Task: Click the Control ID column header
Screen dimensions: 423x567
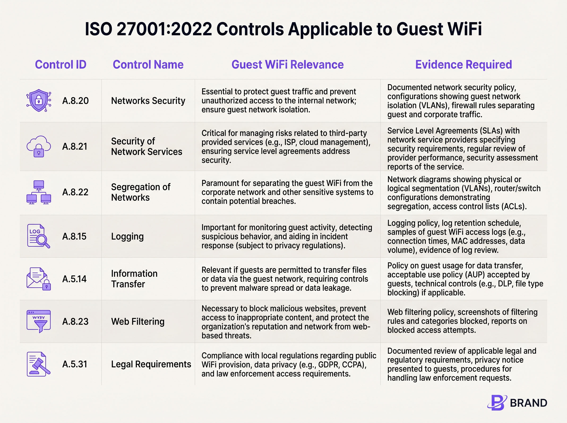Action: coord(60,64)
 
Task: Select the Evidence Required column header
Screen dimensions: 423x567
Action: coord(464,64)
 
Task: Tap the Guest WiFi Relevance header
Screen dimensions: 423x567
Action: coord(288,64)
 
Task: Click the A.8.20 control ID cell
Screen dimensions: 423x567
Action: coord(75,101)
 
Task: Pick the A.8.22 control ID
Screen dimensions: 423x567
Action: coord(75,192)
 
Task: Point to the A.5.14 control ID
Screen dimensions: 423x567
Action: coord(74,279)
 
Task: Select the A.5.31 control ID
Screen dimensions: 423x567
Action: coord(75,364)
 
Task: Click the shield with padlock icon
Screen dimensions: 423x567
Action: coord(39,101)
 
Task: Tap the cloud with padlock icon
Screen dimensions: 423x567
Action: coord(39,146)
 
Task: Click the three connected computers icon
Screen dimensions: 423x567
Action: coord(39,192)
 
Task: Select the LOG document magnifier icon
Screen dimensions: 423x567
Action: coord(39,236)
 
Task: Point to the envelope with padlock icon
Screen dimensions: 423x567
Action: coord(39,279)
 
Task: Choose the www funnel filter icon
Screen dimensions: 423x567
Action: coord(39,321)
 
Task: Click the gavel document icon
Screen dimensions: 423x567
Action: coord(39,364)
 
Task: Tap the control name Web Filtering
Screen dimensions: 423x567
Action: coord(137,321)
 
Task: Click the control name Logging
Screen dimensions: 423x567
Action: coord(127,236)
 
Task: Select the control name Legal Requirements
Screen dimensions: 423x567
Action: coord(151,364)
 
